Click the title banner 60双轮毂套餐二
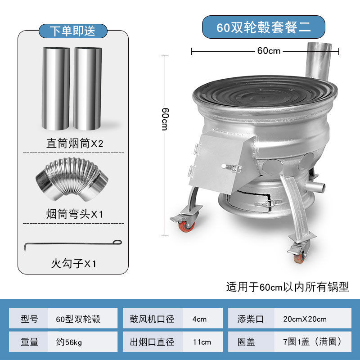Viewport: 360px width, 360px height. [x=263, y=27]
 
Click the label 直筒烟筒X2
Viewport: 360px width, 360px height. [x=75, y=144]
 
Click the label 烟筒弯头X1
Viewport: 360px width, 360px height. [x=75, y=214]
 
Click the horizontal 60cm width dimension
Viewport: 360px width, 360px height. [x=269, y=51]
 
